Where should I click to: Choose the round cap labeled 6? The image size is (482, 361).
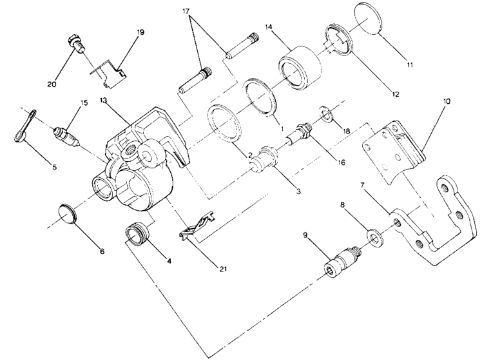67,213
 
